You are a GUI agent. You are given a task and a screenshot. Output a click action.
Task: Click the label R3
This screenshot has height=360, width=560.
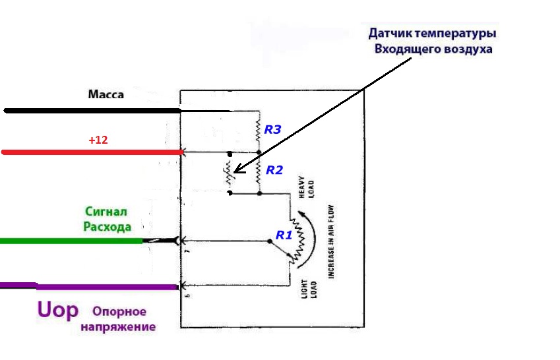pos(272,129)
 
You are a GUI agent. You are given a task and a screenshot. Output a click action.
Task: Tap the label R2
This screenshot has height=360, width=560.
pos(274,170)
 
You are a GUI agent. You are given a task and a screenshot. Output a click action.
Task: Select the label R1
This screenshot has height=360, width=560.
pos(284,235)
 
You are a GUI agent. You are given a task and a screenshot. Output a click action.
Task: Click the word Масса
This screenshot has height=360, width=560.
pos(106,95)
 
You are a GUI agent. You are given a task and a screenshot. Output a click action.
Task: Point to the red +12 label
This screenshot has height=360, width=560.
pos(98,140)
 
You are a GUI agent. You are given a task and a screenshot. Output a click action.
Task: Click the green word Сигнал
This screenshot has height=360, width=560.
pos(106,211)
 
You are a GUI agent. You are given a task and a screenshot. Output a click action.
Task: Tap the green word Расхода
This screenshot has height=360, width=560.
pos(107,227)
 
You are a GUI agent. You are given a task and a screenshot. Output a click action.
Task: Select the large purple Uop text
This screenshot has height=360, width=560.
pos(58,310)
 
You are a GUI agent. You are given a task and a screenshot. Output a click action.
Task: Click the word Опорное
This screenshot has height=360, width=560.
pos(119,311)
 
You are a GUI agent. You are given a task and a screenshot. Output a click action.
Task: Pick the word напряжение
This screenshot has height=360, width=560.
pos(118,327)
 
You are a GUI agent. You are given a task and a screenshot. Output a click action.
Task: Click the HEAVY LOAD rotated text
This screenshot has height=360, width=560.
pos(307,187)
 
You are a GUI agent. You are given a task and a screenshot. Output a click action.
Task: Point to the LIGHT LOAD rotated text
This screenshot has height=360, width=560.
pos(309,289)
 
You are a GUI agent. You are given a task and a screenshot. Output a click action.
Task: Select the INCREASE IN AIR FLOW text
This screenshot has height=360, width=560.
pos(331,242)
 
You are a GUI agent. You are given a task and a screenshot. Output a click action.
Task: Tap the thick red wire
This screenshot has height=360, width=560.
pos(92,152)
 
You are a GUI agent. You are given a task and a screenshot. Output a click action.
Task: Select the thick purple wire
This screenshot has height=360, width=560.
pos(89,286)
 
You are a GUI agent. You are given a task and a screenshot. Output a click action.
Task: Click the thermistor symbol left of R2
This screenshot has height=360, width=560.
pos(229,173)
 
